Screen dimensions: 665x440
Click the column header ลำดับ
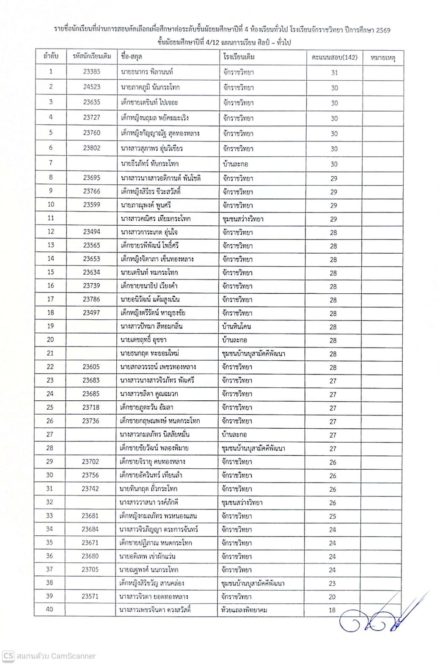click(x=51, y=56)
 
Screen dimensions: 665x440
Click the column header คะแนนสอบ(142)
click(x=334, y=57)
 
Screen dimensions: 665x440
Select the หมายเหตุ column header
click(x=382, y=57)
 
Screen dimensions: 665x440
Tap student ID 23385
click(x=91, y=71)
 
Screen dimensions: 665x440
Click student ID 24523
click(x=91, y=87)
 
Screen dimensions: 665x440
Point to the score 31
click(x=334, y=72)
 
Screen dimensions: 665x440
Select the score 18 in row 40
click(x=332, y=610)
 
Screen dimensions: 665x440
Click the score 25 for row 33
click(x=333, y=516)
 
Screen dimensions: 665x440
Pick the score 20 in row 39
click(x=332, y=597)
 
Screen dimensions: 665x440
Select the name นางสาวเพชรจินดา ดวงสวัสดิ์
click(x=155, y=610)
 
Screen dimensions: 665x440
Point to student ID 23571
click(x=90, y=596)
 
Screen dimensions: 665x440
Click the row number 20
click(x=50, y=339)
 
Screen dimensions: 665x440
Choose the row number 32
click(x=49, y=502)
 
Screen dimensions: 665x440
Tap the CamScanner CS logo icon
click(x=8, y=656)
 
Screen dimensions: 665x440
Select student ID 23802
click(x=91, y=148)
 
